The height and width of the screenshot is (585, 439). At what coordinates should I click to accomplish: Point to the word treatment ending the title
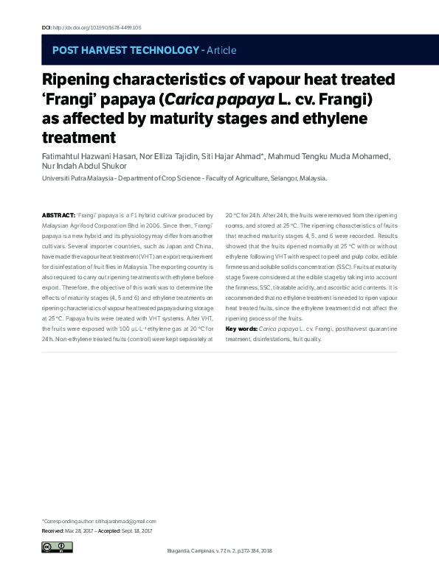pyautogui.click(x=80, y=137)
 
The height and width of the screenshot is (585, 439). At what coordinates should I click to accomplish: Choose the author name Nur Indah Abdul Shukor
pyautogui.click(x=85, y=167)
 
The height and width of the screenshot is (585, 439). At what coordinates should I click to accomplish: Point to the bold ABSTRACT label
pyautogui.click(x=58, y=214)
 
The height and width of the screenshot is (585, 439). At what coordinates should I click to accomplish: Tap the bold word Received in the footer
pyautogui.click(x=52, y=530)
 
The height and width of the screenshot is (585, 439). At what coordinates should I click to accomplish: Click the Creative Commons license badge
pyautogui.click(x=57, y=547)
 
